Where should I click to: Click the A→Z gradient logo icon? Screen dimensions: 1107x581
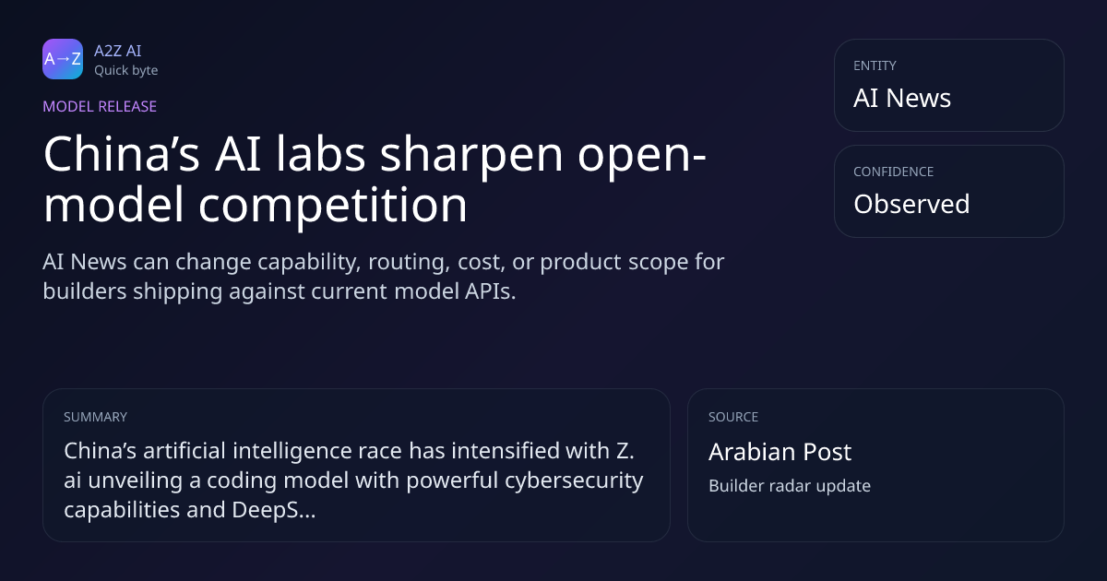63,59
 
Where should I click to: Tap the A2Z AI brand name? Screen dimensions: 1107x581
118,51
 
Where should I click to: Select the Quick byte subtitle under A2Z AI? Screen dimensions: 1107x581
126,71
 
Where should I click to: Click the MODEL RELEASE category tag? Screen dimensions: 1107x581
100,106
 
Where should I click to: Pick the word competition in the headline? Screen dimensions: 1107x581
333,206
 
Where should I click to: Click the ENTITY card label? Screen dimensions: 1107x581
875,65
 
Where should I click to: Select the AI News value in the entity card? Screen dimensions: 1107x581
902,98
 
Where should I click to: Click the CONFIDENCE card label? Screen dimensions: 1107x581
894,172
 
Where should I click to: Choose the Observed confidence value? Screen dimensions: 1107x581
911,204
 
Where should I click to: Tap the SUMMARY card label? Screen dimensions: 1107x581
95,417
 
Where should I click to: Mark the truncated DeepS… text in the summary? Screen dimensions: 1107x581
274,510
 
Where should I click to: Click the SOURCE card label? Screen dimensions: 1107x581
733,417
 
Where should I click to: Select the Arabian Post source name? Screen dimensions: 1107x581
780,452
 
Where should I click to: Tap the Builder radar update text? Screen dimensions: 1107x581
790,486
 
